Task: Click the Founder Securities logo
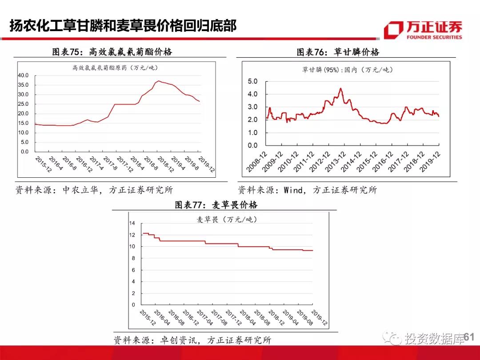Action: tap(423, 30)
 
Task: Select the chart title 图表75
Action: tap(112, 52)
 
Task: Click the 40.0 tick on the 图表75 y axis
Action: tap(23, 76)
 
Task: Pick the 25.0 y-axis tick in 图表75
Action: tap(23, 104)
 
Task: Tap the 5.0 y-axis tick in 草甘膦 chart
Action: tap(252, 82)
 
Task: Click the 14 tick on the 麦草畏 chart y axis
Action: tap(132, 223)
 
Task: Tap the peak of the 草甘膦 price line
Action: tap(340, 88)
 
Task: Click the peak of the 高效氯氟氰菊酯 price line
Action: tap(158, 81)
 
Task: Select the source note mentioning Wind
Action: tap(308, 190)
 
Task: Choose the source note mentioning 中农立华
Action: tap(94, 190)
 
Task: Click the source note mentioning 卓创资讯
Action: tap(192, 340)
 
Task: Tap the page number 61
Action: tap(469, 338)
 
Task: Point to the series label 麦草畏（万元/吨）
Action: tap(227, 220)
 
